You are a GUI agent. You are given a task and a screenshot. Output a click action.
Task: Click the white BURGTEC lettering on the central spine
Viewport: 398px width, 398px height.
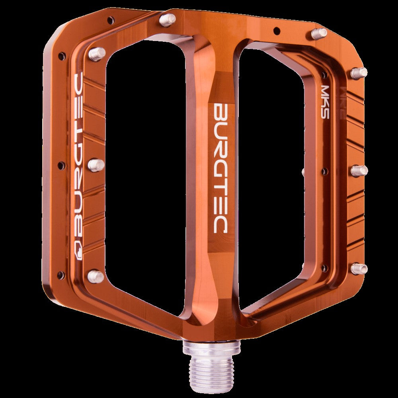coord(220,168)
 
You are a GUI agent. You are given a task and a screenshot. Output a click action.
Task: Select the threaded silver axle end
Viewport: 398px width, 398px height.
coord(211,368)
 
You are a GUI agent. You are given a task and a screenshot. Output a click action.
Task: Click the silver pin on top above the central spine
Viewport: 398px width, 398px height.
coord(168,20)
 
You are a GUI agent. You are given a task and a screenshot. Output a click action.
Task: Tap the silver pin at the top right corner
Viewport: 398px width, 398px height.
coord(319,33)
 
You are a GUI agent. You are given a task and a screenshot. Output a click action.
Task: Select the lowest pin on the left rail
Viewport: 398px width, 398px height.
coord(96,276)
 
